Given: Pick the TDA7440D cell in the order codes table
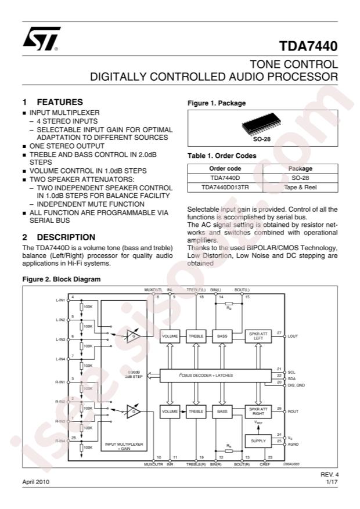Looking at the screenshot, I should point(224,178).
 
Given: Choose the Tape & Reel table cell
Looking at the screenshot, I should point(300,187).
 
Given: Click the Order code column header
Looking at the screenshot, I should point(224,168).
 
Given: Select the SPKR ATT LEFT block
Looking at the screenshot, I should point(257,336).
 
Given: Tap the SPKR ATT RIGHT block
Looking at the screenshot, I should point(257,411).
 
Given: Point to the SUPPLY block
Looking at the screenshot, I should point(257,441).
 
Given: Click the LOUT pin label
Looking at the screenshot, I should point(293,336).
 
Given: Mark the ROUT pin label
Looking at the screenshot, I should point(293,411).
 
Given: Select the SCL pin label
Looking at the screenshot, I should point(291,372).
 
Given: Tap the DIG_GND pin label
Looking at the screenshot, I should point(296,385).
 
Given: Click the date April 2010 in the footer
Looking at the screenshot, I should point(36,482).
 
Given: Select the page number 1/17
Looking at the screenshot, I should point(332,482).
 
